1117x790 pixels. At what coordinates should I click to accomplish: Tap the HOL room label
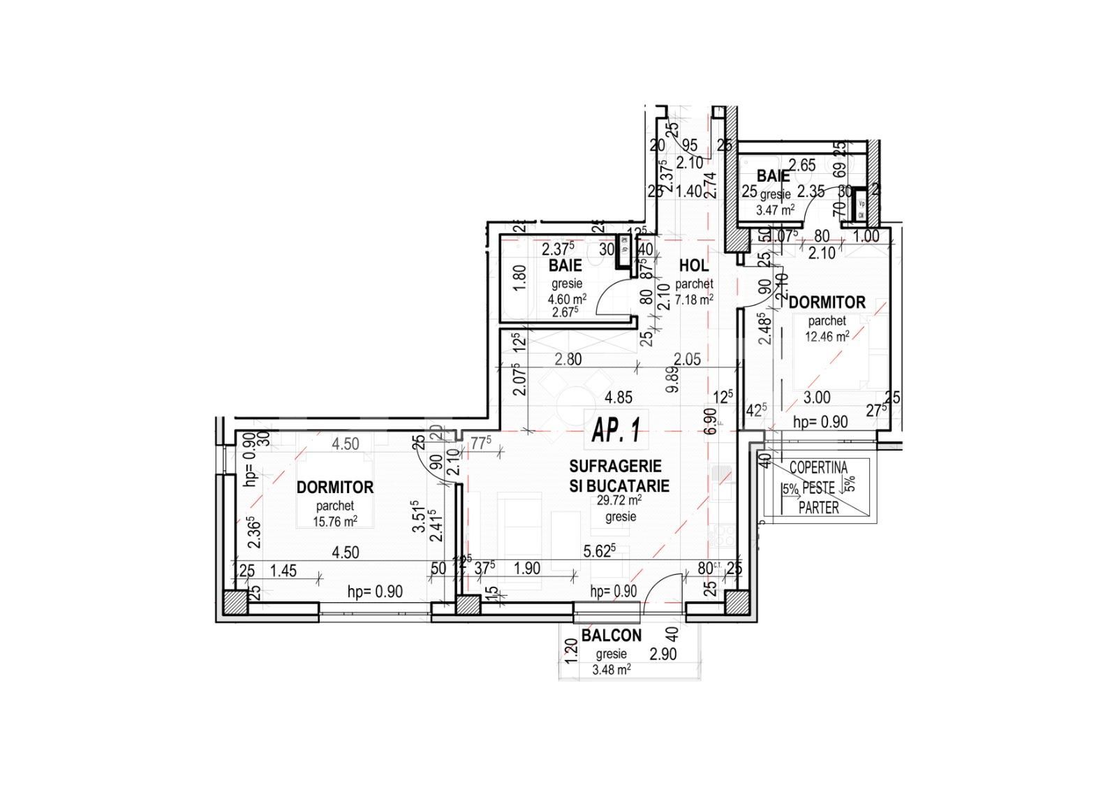tap(693, 266)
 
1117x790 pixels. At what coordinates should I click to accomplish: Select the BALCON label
tap(611, 636)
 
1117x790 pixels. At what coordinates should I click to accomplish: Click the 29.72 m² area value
tap(620, 501)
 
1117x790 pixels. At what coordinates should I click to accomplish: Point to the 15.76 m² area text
tap(336, 520)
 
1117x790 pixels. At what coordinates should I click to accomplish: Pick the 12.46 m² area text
tap(827, 336)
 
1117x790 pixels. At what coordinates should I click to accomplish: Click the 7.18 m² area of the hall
tap(694, 300)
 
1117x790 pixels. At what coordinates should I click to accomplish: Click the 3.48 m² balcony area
tap(611, 669)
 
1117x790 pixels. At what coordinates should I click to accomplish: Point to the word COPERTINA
tap(818, 468)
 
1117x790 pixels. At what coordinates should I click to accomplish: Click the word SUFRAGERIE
tap(615, 466)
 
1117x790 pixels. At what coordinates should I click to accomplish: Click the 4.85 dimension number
tap(618, 397)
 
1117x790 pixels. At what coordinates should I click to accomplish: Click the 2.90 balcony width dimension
tap(663, 654)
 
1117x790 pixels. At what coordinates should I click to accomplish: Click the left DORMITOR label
tap(335, 487)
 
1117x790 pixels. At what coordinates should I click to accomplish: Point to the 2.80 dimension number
tap(568, 360)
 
